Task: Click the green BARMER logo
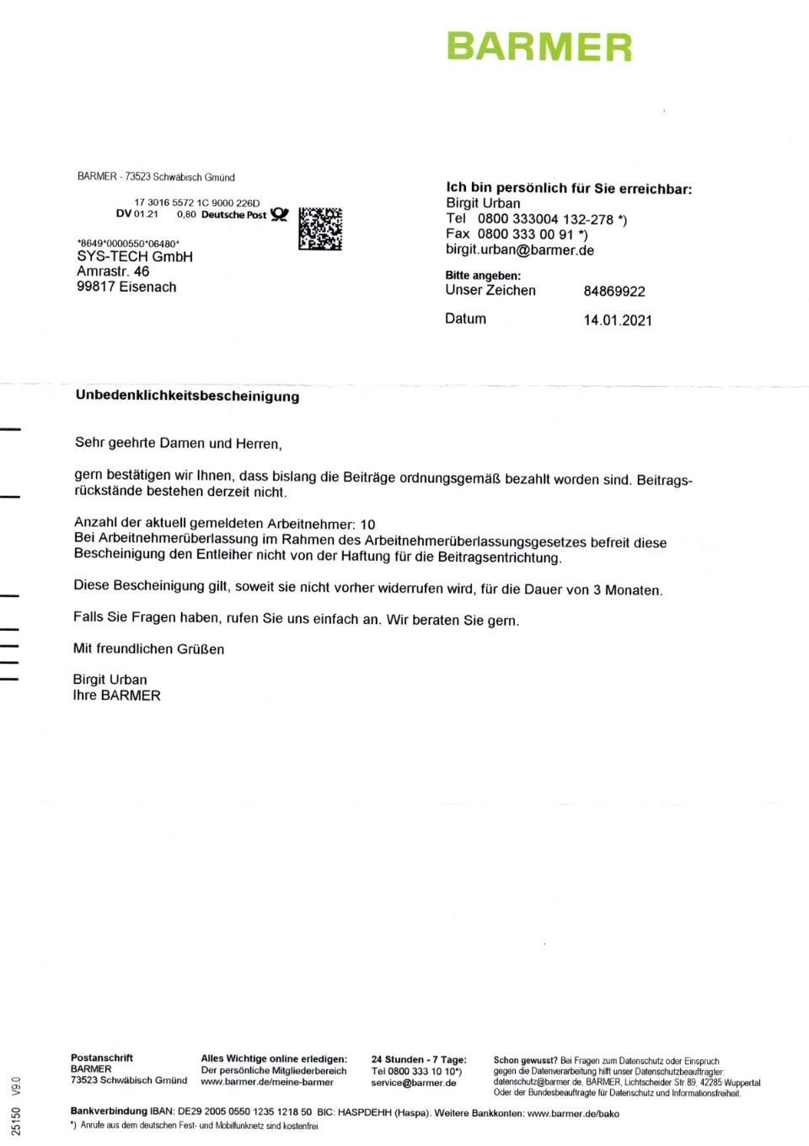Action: coord(538,47)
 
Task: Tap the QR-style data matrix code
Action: coord(320,229)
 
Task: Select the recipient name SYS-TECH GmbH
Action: coord(135,256)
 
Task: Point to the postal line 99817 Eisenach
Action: coord(126,287)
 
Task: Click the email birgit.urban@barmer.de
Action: coord(520,250)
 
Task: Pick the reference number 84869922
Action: coord(614,292)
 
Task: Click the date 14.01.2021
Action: coord(618,320)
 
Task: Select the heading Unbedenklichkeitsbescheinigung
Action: coord(187,395)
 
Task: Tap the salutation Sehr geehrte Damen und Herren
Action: coord(178,443)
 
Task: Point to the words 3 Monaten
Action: coord(628,589)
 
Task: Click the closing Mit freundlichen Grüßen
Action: coord(148,648)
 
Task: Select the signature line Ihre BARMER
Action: coord(116,696)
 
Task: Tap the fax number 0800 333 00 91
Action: coord(526,234)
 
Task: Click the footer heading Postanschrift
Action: coord(101,1057)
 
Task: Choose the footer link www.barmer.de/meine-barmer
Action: coord(267,1082)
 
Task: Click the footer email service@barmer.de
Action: coord(414,1083)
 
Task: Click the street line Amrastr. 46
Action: coord(113,272)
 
